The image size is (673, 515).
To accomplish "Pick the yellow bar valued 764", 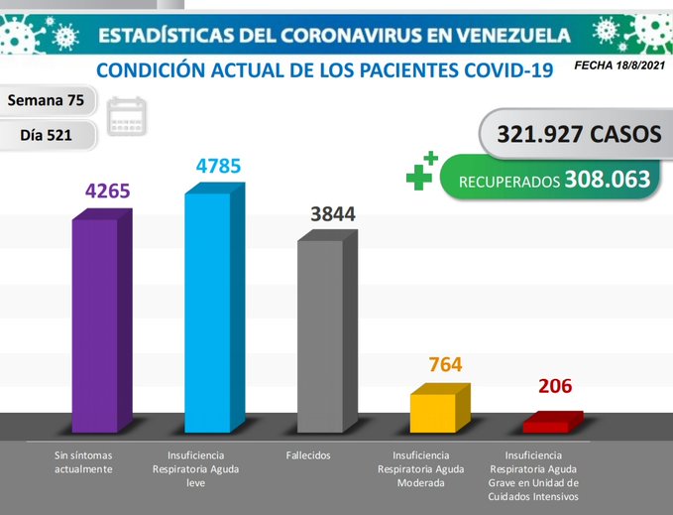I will (433, 412).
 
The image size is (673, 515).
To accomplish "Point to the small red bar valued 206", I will (546, 425).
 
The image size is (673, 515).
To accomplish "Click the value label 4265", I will (108, 191).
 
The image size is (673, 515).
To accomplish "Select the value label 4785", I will (219, 166).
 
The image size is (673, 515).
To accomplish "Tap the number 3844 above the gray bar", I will (332, 213).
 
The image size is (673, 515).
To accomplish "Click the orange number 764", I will (445, 364).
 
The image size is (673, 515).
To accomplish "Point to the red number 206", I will (555, 387).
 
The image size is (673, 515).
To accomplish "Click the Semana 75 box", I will (51, 100).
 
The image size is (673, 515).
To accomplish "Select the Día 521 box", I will (51, 134).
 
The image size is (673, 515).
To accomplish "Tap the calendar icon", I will (126, 116).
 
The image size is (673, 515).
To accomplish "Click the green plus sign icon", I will (420, 173).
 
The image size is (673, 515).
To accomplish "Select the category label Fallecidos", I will (306, 455).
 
